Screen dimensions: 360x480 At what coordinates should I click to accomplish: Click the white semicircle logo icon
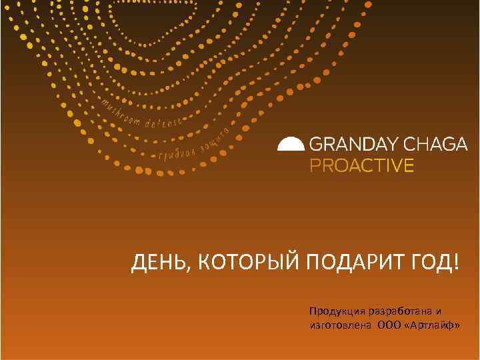291,145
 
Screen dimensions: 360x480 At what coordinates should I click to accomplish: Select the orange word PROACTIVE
362,165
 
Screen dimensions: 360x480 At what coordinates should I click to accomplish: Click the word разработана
396,312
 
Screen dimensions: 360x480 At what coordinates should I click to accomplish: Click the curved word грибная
179,155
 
